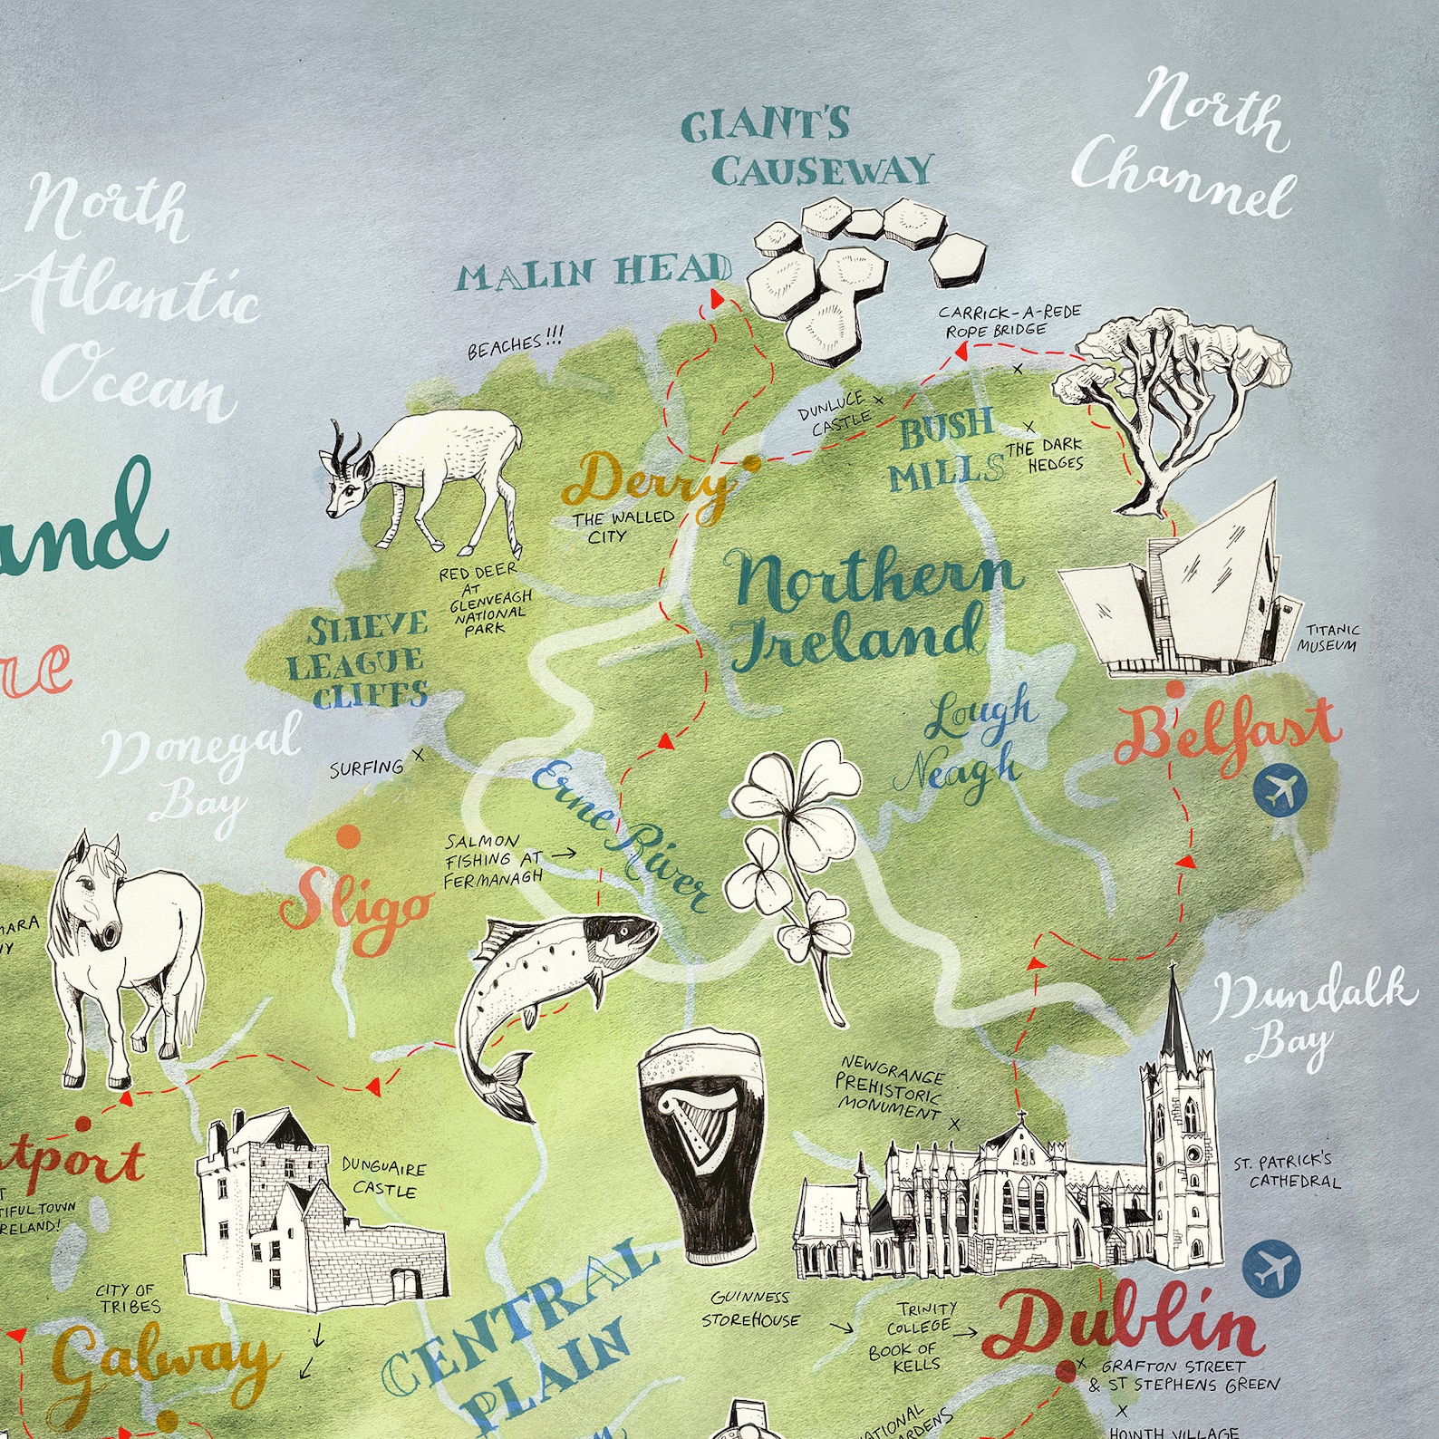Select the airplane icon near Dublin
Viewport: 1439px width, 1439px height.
[x=1270, y=1269]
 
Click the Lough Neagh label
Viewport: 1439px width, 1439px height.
[x=973, y=743]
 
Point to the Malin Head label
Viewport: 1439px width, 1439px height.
[x=593, y=273]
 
